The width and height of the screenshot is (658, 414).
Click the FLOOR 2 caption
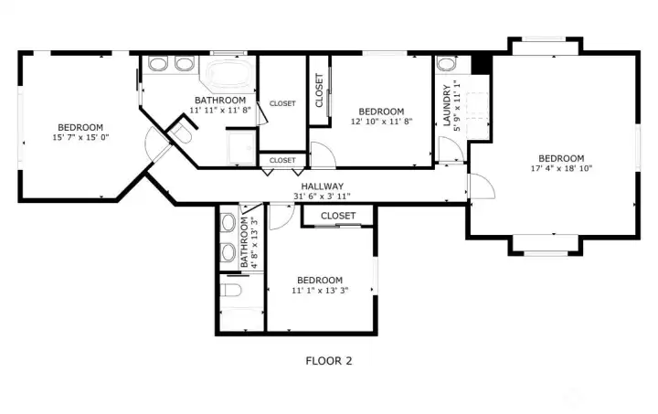(x=329, y=361)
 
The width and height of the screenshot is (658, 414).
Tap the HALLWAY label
(x=323, y=186)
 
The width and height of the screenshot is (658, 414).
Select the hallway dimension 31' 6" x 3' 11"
(x=322, y=196)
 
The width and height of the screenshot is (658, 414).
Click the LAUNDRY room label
(x=447, y=105)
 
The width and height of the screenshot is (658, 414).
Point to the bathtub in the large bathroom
(x=228, y=74)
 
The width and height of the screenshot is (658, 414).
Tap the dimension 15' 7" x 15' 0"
(x=80, y=137)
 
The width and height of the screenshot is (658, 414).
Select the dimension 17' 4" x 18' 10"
(x=561, y=168)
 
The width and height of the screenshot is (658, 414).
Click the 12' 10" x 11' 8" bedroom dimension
(x=381, y=122)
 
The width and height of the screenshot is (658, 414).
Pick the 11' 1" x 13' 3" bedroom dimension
(x=320, y=290)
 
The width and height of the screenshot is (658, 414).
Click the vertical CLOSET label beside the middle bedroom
(x=319, y=90)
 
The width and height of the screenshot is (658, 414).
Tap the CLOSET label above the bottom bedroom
(x=338, y=216)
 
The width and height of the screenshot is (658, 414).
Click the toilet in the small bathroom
(x=231, y=290)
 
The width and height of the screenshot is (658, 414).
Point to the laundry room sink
(x=446, y=64)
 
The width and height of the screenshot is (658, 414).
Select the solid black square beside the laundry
(x=482, y=64)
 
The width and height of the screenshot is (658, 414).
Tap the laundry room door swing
(x=451, y=149)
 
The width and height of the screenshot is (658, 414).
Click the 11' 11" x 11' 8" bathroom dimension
(x=220, y=110)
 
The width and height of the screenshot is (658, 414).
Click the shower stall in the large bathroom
(x=241, y=148)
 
